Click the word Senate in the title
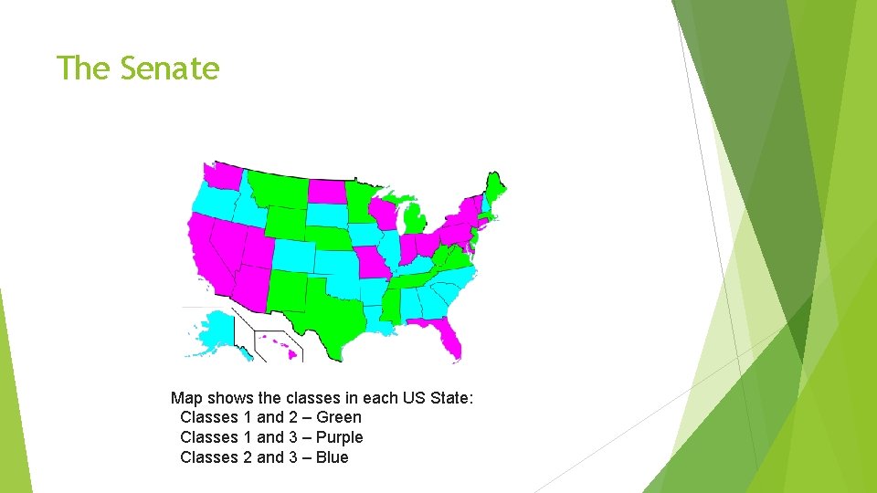(x=170, y=68)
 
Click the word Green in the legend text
(x=339, y=417)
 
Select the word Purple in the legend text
(x=339, y=437)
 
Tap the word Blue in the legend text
(x=332, y=457)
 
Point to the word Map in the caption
(x=186, y=397)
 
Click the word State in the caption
(x=449, y=397)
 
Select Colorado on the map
(x=293, y=255)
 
